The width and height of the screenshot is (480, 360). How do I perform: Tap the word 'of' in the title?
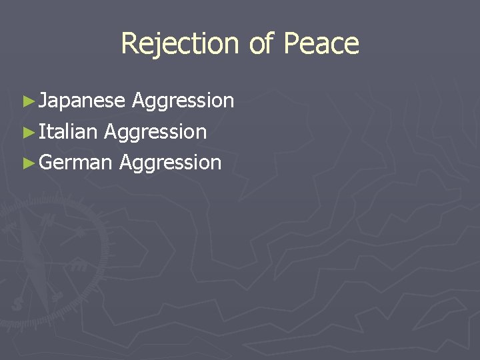[261, 44]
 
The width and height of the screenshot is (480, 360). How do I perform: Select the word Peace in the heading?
[321, 44]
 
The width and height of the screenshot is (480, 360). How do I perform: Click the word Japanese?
[82, 101]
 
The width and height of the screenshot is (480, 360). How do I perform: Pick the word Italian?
[68, 132]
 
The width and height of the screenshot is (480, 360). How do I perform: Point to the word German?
[75, 162]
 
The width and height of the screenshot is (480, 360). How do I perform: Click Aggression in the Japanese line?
[183, 101]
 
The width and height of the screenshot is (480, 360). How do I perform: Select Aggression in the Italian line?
[155, 132]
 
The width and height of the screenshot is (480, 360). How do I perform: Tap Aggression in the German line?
[170, 162]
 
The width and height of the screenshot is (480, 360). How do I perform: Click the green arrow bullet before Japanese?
[27, 101]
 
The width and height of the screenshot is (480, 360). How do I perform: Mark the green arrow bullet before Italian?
[27, 132]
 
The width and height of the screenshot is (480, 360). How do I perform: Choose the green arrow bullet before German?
[27, 162]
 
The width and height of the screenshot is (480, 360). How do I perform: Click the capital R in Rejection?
[129, 44]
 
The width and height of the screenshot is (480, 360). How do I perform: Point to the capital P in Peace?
[291, 44]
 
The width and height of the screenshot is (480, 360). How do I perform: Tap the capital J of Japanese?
[43, 101]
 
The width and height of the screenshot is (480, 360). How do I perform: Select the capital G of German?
[46, 162]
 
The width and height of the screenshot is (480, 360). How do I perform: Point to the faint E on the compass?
[79, 265]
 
